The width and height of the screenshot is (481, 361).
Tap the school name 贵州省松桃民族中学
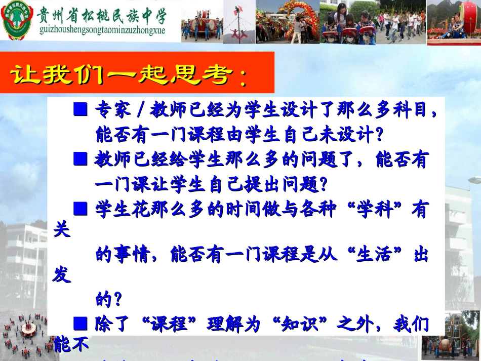pyautogui.click(x=102, y=15)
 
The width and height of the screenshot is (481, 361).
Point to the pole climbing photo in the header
pyautogui.click(x=239, y=21)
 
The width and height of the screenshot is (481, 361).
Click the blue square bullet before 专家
pyautogui.click(x=81, y=110)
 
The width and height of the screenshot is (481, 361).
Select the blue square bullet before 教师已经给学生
pyautogui.click(x=81, y=160)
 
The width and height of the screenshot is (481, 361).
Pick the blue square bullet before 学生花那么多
pyautogui.click(x=81, y=208)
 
